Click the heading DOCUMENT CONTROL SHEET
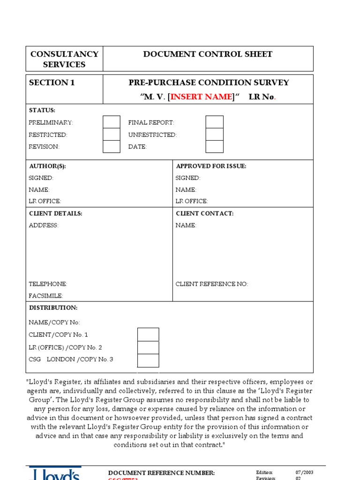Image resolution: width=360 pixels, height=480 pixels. click(x=208, y=54)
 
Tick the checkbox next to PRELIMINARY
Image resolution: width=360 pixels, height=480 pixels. click(x=112, y=122)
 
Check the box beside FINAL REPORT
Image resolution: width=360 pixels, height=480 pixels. click(x=214, y=122)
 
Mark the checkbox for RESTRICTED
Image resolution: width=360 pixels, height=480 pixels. click(x=112, y=135)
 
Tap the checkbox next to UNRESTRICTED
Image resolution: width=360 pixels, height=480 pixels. click(x=214, y=135)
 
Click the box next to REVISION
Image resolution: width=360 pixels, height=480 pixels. click(x=112, y=147)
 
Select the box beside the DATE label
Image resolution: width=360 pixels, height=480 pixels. click(x=214, y=147)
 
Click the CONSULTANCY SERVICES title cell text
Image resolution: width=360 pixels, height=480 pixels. click(x=64, y=59)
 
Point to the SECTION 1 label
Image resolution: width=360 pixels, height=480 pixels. click(x=52, y=83)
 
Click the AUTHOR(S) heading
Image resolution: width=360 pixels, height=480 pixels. click(x=51, y=166)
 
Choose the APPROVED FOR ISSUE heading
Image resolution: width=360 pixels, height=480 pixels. click(x=211, y=166)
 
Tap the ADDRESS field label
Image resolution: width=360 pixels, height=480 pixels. click(x=44, y=225)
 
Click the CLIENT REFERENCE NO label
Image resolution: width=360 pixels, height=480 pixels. click(x=212, y=284)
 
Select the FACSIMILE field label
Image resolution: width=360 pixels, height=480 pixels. click(x=46, y=296)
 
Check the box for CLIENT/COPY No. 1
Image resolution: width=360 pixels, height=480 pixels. click(x=148, y=335)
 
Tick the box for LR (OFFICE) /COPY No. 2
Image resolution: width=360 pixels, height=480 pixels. click(x=148, y=347)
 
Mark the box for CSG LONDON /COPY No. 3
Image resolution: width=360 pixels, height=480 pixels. click(x=148, y=360)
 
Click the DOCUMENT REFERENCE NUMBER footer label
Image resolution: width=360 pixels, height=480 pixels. click(x=162, y=472)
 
